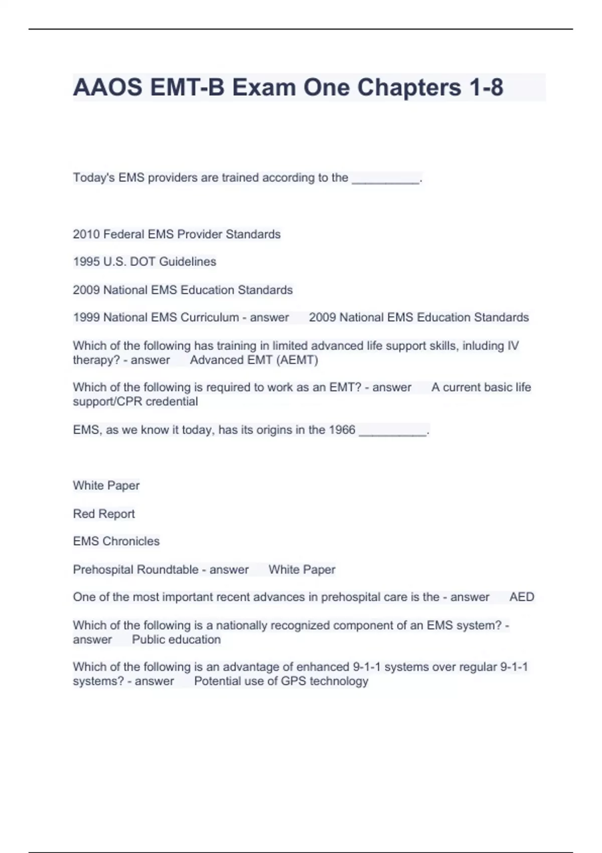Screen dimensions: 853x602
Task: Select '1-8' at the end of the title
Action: pyautogui.click(x=486, y=87)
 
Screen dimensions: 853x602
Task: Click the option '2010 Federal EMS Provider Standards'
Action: pyautogui.click(x=177, y=234)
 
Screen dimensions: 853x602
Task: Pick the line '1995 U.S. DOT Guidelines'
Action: pyautogui.click(x=144, y=262)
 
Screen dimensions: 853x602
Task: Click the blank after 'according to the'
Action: pyautogui.click(x=385, y=179)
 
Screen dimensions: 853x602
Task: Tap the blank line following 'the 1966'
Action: pyautogui.click(x=393, y=431)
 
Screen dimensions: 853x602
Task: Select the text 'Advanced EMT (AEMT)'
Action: pyautogui.click(x=254, y=360)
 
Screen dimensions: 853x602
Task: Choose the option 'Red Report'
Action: pyautogui.click(x=104, y=514)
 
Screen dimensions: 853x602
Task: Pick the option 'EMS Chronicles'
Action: pyautogui.click(x=116, y=541)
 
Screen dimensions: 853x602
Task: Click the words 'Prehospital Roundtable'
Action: pyautogui.click(x=135, y=570)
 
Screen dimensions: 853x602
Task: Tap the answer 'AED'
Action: pyautogui.click(x=522, y=597)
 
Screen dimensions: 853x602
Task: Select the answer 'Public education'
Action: pyautogui.click(x=176, y=640)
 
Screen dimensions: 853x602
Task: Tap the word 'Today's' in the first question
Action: pyautogui.click(x=94, y=178)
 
